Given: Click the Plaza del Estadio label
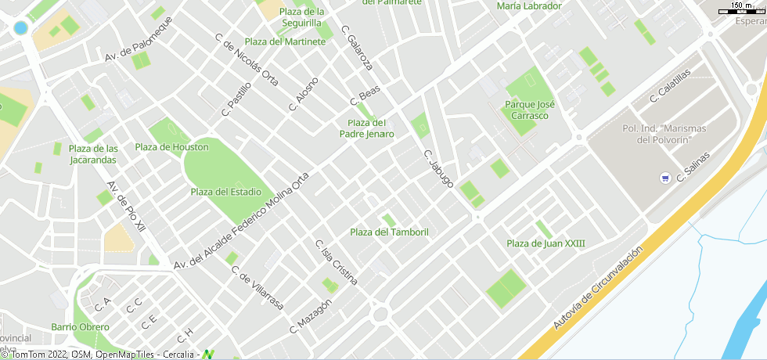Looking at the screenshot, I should [x=225, y=192].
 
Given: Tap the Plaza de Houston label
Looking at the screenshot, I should [x=171, y=147].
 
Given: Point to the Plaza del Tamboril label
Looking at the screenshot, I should [x=389, y=232].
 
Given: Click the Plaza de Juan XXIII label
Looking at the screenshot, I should [x=546, y=243].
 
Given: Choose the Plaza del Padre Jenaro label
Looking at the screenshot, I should [x=366, y=128].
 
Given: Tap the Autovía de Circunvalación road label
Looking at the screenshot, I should [x=598, y=286].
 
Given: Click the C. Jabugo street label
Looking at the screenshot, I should [x=438, y=168].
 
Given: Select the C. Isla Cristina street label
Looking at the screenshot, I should [x=337, y=261].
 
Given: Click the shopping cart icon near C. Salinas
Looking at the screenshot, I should [x=664, y=178].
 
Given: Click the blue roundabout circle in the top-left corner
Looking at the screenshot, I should [x=20, y=28].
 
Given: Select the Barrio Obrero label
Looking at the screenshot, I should [x=80, y=326].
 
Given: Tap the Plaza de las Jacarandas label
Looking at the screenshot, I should [x=93, y=154].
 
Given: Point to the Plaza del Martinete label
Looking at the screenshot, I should [x=285, y=41].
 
